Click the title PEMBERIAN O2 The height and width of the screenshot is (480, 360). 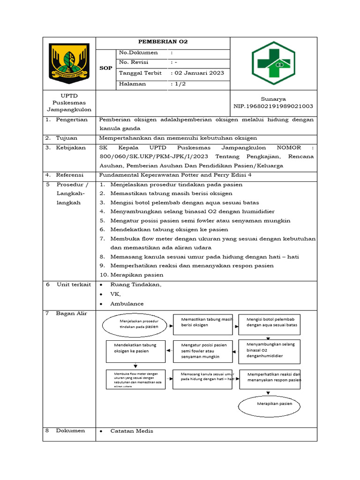pyautogui.click(x=163, y=42)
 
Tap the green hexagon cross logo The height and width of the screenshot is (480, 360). pyautogui.click(x=273, y=63)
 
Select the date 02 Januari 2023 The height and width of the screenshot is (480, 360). pyautogui.click(x=199, y=73)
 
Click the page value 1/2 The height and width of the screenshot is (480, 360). pyautogui.click(x=180, y=84)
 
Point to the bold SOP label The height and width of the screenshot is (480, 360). pyautogui.click(x=106, y=68)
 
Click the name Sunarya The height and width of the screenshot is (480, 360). pyautogui.click(x=273, y=99)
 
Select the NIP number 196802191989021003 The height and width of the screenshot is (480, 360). pyautogui.click(x=273, y=106)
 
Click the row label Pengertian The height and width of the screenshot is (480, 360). pyautogui.click(x=72, y=120)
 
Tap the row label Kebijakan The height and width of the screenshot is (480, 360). pyautogui.click(x=71, y=148)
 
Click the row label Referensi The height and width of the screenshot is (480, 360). pyautogui.click(x=71, y=175)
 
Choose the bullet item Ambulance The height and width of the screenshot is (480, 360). pyautogui.click(x=127, y=304)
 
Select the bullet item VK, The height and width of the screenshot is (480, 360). pyautogui.click(x=115, y=294)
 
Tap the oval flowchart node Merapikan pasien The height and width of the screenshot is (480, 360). pyautogui.click(x=269, y=404)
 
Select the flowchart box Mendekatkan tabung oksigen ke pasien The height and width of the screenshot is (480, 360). pyautogui.click(x=135, y=352)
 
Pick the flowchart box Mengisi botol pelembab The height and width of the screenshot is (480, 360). pyautogui.click(x=269, y=324)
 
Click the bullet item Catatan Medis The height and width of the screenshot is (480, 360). pyautogui.click(x=132, y=431)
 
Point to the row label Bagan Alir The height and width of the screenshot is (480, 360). pyautogui.click(x=72, y=314)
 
